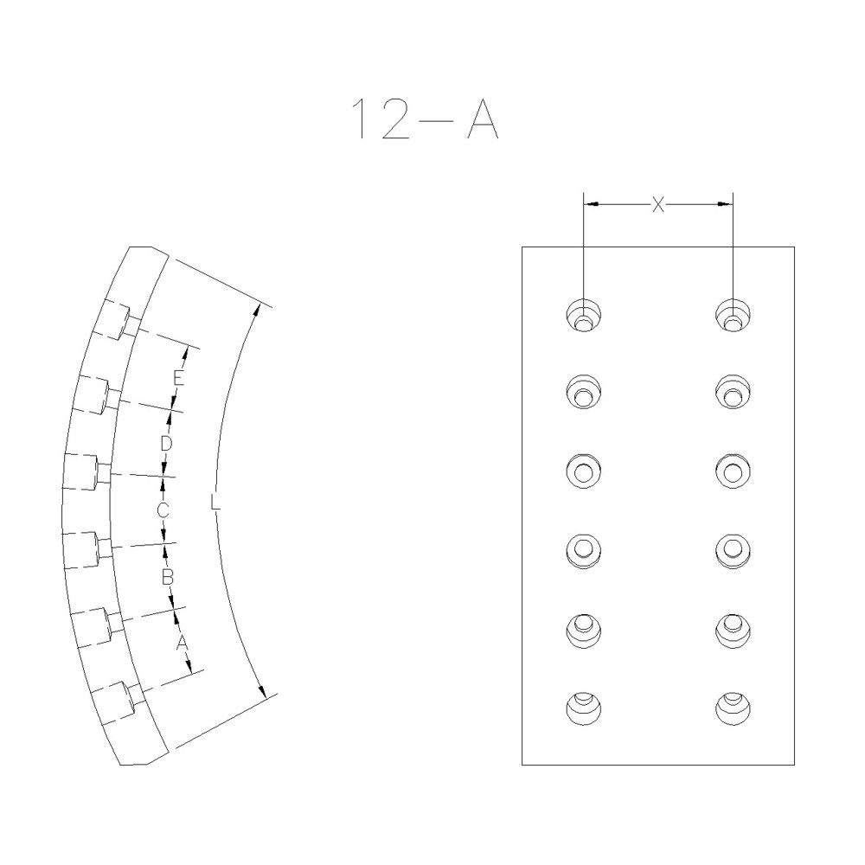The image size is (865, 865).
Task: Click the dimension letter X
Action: (x=658, y=204)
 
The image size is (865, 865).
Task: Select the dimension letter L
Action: (x=215, y=501)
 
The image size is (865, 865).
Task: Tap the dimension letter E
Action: (x=177, y=378)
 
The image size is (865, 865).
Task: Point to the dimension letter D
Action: (x=168, y=443)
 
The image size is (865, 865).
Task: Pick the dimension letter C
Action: (x=162, y=510)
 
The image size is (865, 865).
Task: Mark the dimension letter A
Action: (x=182, y=643)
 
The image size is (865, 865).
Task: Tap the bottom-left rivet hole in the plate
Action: (x=584, y=708)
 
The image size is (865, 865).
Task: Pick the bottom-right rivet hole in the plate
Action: (x=733, y=708)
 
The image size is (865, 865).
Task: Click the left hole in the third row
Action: (x=584, y=471)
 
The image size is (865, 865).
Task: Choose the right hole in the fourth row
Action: (x=733, y=548)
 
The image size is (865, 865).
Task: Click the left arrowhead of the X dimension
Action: (x=591, y=204)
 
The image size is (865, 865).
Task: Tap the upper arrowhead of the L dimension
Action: (x=257, y=310)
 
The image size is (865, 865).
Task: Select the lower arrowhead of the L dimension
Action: (x=260, y=688)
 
